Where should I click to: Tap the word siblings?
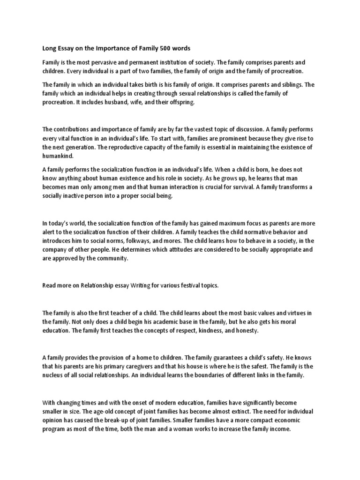point(291,85)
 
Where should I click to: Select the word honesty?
point(246,330)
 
